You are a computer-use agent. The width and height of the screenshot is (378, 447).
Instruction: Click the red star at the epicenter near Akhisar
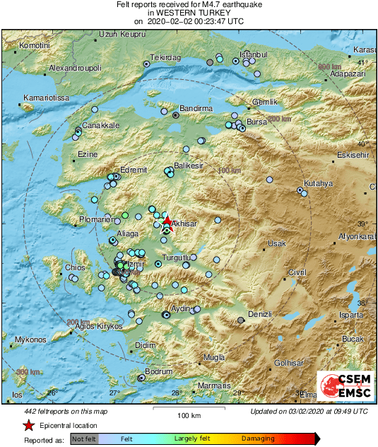pos(167,221)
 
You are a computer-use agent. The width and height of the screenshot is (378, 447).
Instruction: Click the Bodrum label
pos(158,371)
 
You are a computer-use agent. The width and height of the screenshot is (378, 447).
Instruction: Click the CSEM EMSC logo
pos(344,386)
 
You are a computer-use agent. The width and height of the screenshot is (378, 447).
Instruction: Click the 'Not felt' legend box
pos(85,439)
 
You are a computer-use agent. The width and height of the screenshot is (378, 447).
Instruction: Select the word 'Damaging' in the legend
pos(259,439)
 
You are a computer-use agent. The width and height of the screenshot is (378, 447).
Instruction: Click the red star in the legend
pos(28,425)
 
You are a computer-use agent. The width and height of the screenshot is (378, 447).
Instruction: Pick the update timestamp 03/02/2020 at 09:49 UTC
pos(309,411)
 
